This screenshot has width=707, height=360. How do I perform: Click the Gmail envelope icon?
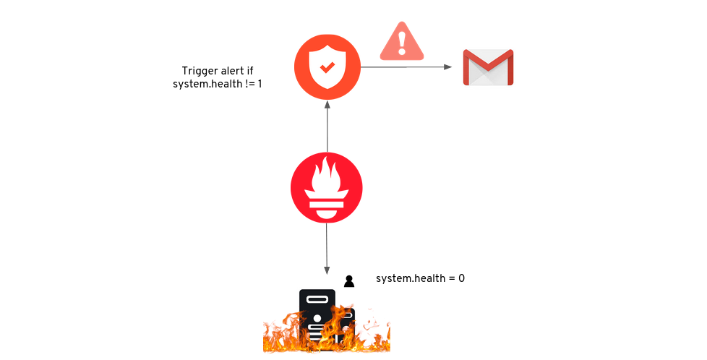pos(488,68)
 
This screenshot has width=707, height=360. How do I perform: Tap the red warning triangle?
pos(402,43)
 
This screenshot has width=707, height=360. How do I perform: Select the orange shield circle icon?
pos(327,67)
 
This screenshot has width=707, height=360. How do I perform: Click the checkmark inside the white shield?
pos(327,67)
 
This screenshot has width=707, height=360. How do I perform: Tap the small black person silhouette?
pos(349,281)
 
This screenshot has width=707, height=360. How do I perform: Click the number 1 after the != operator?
pos(260,84)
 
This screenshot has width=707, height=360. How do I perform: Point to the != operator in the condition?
pos(247,84)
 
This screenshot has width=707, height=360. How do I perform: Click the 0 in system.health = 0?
pos(461,278)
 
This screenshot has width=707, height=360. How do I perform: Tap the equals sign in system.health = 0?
pos(450,278)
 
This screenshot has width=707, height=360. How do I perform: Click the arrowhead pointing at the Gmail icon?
pos(448,67)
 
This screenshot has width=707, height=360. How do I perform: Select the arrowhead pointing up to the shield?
pos(327,105)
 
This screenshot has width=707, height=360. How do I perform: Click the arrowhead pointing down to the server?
pos(327,270)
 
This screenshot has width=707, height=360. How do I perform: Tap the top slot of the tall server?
pos(317,298)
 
